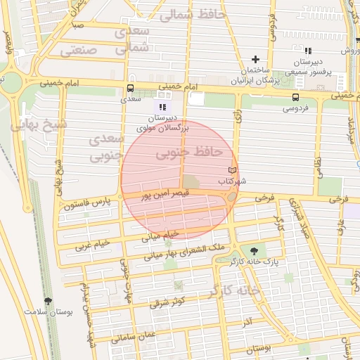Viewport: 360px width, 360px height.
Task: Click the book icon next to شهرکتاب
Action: tap(233, 171)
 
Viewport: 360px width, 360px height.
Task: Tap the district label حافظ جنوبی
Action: tap(188, 151)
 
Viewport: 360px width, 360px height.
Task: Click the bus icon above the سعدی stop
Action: tap(130, 89)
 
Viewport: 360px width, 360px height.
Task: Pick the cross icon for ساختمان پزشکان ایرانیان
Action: tap(255, 59)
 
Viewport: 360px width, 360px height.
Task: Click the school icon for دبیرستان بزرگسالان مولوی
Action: tap(157, 106)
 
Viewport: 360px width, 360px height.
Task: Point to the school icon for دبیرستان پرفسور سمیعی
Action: tap(308, 51)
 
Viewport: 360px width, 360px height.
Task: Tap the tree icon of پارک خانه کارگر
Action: tap(253, 251)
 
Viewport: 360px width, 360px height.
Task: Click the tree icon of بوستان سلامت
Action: tap(48, 301)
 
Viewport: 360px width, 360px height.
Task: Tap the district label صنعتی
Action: tap(78, 50)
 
